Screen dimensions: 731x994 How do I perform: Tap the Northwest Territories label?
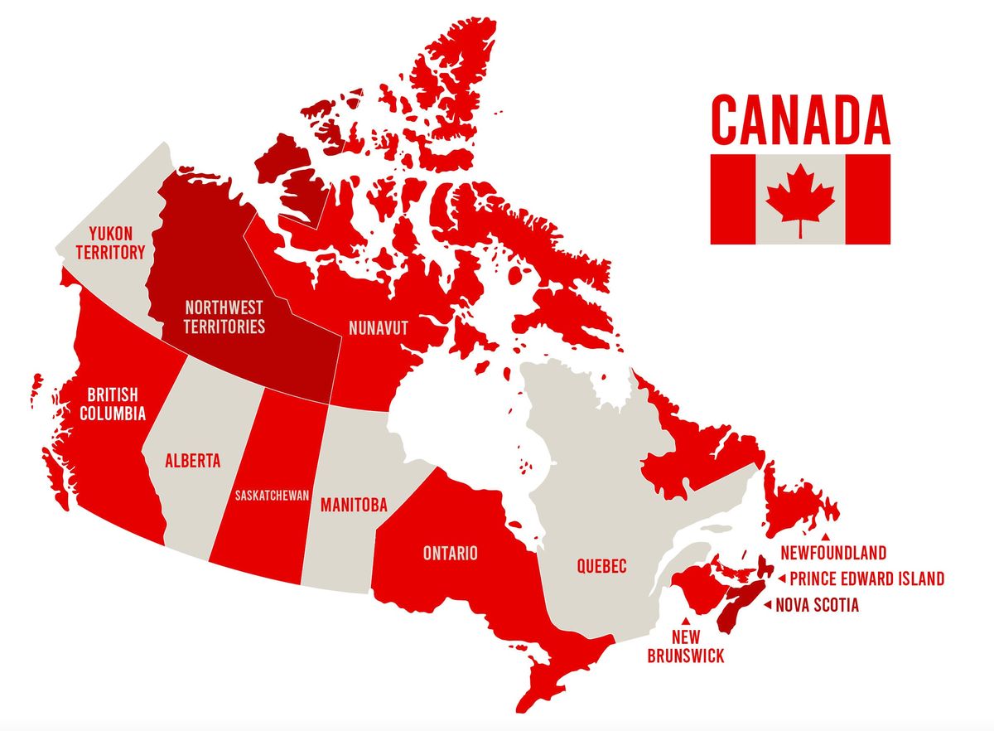pyautogui.click(x=224, y=316)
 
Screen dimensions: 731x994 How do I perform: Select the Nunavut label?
pyautogui.click(x=379, y=328)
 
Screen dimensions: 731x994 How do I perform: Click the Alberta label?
pyautogui.click(x=193, y=461)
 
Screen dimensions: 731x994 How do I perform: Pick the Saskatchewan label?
pyautogui.click(x=272, y=496)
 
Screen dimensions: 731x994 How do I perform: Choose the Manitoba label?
pyautogui.click(x=354, y=504)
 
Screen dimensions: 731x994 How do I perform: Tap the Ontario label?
pyautogui.click(x=451, y=553)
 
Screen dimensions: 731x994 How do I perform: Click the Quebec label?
pyautogui.click(x=601, y=567)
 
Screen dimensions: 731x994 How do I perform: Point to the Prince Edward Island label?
pyautogui.click(x=866, y=579)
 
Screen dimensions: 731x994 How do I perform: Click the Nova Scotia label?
pyautogui.click(x=817, y=605)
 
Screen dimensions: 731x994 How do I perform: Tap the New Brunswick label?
pyautogui.click(x=686, y=646)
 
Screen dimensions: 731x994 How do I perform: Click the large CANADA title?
pyautogui.click(x=800, y=120)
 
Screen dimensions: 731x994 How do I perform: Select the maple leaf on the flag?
pyautogui.click(x=800, y=199)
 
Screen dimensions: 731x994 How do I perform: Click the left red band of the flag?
pyautogui.click(x=732, y=199)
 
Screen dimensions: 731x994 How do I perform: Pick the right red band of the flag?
pyautogui.click(x=868, y=199)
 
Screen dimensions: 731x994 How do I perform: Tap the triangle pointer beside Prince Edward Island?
pyautogui.click(x=781, y=579)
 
